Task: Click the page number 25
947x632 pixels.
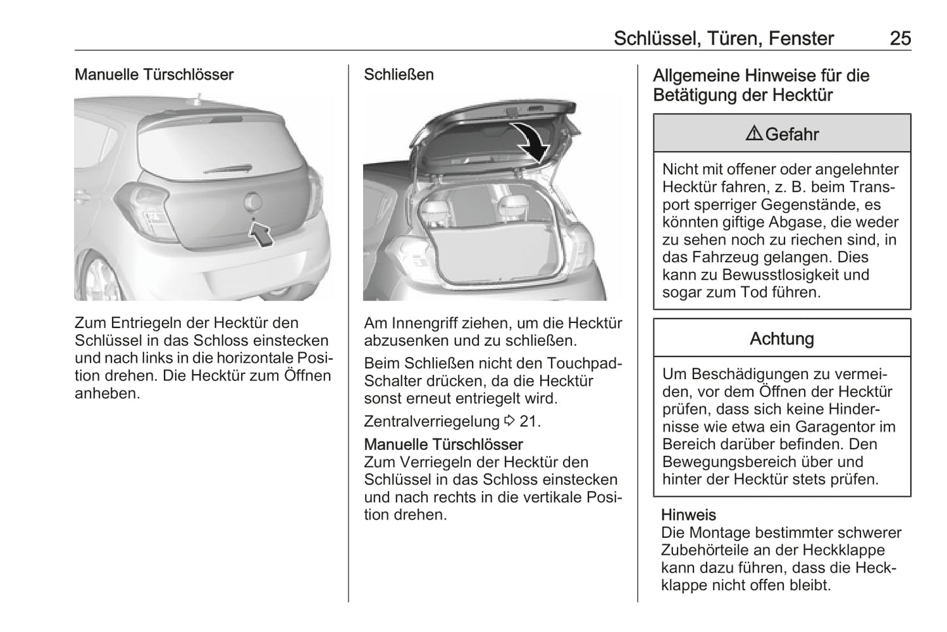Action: [900, 38]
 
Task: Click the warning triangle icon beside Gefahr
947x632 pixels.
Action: [754, 134]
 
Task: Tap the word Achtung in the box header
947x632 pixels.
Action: [782, 339]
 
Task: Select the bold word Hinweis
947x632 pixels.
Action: [688, 515]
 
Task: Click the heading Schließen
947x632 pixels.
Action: [398, 75]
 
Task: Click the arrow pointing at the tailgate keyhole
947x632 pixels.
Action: [262, 233]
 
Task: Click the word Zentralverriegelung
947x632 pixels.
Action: [431, 421]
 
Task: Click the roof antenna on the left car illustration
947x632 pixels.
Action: [196, 100]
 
